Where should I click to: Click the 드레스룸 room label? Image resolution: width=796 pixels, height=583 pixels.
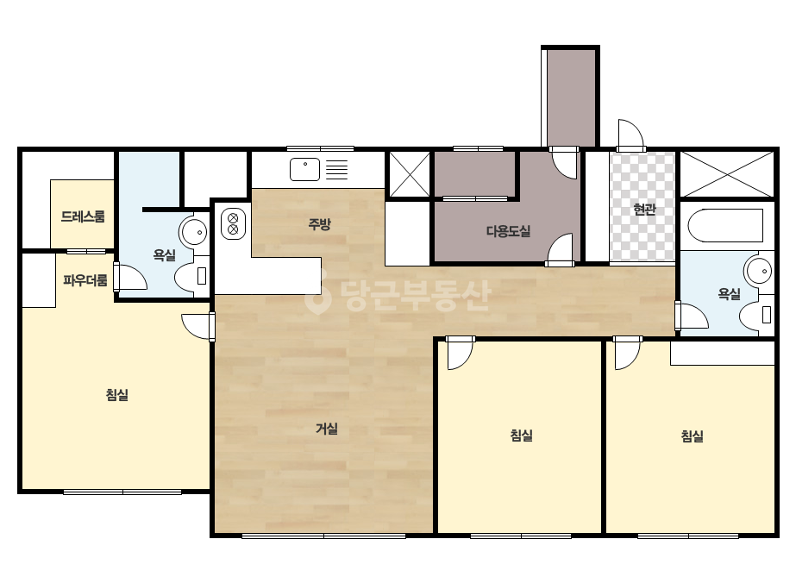pyautogui.click(x=83, y=216)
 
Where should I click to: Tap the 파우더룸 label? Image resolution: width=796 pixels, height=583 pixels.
pyautogui.click(x=85, y=280)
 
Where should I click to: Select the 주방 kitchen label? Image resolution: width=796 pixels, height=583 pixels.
pyautogui.click(x=319, y=224)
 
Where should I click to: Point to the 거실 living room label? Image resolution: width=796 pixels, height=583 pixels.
pyautogui.click(x=327, y=429)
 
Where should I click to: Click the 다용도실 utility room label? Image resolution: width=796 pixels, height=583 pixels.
pyautogui.click(x=508, y=232)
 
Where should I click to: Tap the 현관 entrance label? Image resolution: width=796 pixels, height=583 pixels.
pyautogui.click(x=645, y=209)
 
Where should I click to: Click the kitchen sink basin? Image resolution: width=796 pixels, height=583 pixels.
pyautogui.click(x=304, y=169)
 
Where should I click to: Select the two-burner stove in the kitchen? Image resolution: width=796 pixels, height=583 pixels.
pyautogui.click(x=233, y=224)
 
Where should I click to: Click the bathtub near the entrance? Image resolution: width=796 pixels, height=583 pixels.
pyautogui.click(x=725, y=225)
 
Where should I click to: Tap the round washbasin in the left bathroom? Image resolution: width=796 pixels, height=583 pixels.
pyautogui.click(x=193, y=232)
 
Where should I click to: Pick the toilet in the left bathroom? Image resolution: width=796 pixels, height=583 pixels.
pyautogui.click(x=192, y=277)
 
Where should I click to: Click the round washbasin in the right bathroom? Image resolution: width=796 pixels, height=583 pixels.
pyautogui.click(x=758, y=271)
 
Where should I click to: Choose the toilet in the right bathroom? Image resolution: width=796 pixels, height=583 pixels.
pyautogui.click(x=756, y=315)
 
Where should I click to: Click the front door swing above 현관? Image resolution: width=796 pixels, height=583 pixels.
pyautogui.click(x=630, y=135)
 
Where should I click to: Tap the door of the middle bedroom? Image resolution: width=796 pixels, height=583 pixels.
pyautogui.click(x=460, y=353)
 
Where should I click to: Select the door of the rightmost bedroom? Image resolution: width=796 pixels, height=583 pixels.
pyautogui.click(x=628, y=353)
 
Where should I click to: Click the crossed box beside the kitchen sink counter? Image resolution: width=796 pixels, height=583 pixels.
pyautogui.click(x=409, y=173)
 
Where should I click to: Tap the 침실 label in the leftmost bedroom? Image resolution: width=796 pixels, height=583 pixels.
pyautogui.click(x=116, y=395)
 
